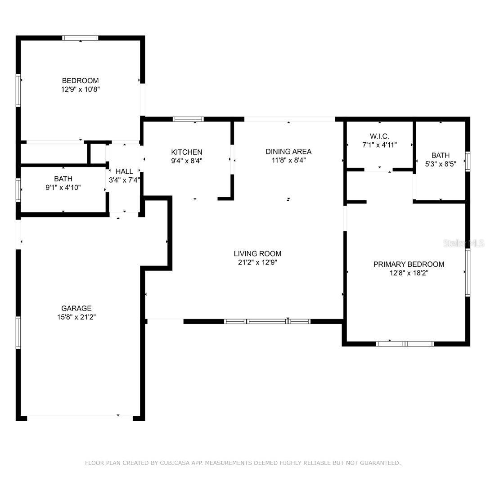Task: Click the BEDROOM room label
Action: click(80, 81)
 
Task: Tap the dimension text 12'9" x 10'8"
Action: click(80, 89)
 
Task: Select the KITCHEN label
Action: click(186, 152)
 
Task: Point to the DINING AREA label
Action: click(288, 152)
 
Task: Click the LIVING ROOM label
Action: click(257, 254)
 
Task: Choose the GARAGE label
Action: click(76, 308)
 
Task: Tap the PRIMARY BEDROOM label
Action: click(409, 264)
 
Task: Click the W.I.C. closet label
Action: click(379, 136)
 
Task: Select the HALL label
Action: click(124, 171)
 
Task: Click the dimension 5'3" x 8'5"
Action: click(441, 164)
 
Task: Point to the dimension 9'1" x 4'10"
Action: click(63, 187)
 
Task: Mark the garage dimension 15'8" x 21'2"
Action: click(76, 317)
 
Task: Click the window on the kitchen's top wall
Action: click(188, 119)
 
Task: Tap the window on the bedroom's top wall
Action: click(80, 38)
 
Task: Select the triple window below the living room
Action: click(267, 321)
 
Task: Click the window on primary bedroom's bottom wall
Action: click(405, 344)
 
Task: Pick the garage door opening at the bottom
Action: click(80, 418)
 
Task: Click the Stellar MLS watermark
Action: click(463, 243)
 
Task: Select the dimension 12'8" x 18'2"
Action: click(409, 273)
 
